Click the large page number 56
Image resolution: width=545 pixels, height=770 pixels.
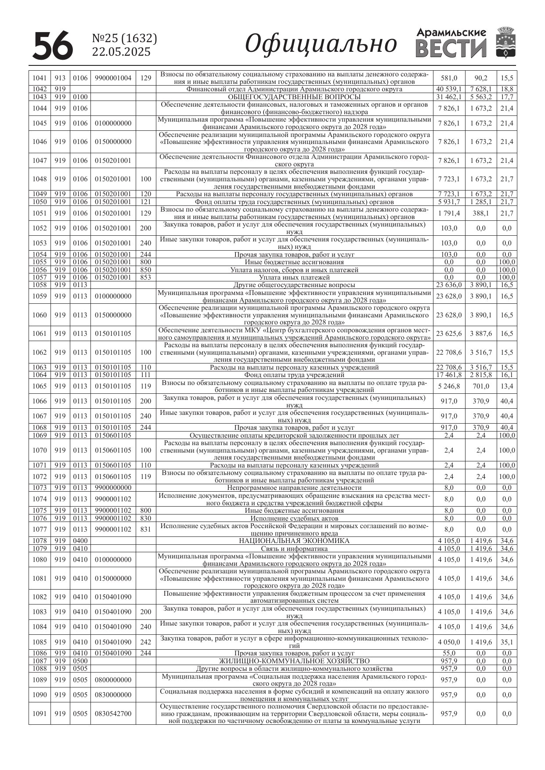[x=53, y=46]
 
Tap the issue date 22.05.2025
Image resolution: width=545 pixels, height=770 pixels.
[x=121, y=52]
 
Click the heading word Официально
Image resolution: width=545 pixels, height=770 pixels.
[x=321, y=44]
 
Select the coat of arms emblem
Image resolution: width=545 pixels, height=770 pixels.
[x=505, y=43]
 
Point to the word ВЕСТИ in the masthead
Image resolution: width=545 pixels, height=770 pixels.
[x=451, y=49]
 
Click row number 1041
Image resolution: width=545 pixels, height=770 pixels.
[x=40, y=78]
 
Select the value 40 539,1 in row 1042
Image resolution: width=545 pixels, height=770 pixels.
[x=449, y=89]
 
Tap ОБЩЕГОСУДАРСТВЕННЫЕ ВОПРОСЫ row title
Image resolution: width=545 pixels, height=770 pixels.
[x=294, y=97]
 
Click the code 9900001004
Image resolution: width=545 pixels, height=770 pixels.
[x=113, y=78]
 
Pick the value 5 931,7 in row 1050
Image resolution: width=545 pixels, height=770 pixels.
[x=449, y=202]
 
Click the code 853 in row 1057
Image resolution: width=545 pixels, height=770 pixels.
[x=145, y=277]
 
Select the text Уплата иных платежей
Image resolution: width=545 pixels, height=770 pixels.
[x=294, y=277]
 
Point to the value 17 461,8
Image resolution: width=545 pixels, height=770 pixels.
[x=449, y=375]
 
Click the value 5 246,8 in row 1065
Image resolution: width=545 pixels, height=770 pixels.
[x=449, y=386]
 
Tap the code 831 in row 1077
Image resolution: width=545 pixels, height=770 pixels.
[x=145, y=529]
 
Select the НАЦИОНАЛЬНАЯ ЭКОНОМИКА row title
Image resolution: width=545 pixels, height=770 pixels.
[x=294, y=541]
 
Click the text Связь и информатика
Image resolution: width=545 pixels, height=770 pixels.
[x=294, y=549]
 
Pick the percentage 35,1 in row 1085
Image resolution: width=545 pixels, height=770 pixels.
[x=507, y=642]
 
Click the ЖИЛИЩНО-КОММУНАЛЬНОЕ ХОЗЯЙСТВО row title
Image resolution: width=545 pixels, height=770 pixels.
[x=294, y=661]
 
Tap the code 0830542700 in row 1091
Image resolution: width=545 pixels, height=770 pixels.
[x=113, y=714]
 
